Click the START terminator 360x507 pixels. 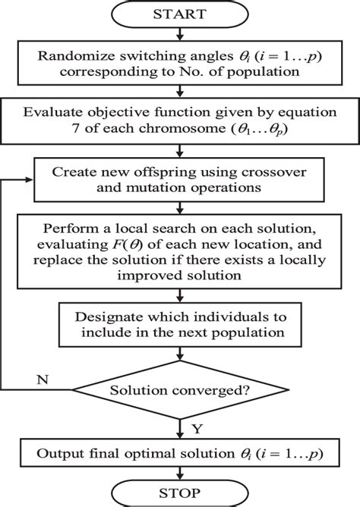pyautogui.click(x=180, y=13)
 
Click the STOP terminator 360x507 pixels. pyautogui.click(x=180, y=494)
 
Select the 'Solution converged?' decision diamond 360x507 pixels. pyautogui.click(x=180, y=392)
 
